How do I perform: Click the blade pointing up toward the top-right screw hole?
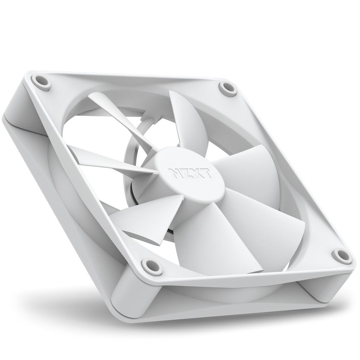click(191, 119)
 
